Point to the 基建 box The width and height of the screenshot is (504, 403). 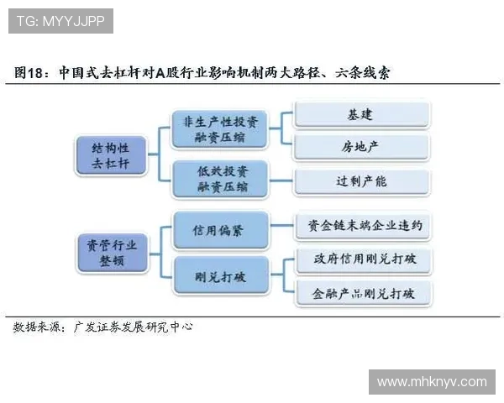362,114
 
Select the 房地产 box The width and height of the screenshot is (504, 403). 362,147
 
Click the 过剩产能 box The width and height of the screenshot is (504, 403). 362,181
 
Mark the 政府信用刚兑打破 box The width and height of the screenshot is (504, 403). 362,259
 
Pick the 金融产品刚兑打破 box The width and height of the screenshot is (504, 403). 362,293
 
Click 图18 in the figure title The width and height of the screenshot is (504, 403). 30,73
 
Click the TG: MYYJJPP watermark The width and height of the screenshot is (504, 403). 60,21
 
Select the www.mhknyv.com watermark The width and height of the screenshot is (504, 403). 432,382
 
